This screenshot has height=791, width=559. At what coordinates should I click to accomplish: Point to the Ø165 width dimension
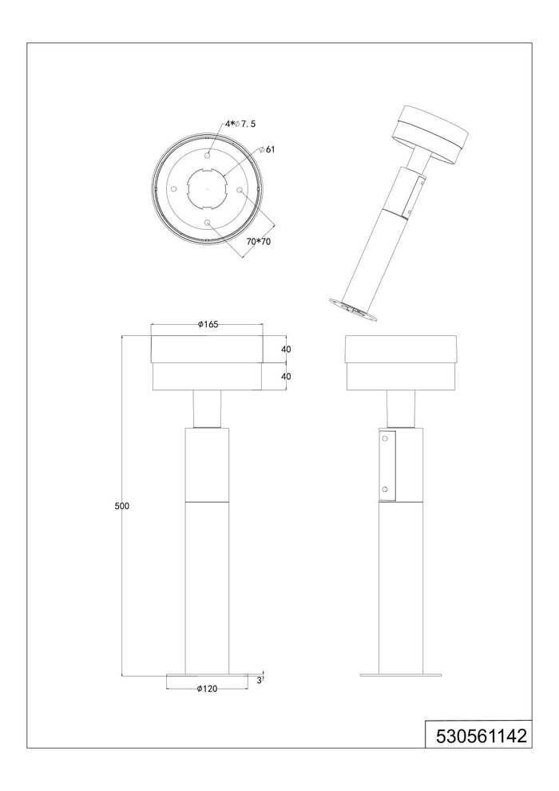coord(208,324)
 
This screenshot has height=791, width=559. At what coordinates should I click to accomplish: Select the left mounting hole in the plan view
coord(173,188)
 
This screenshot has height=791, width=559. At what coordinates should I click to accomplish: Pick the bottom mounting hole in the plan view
coord(207,223)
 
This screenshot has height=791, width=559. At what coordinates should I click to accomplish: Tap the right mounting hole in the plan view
coord(240,188)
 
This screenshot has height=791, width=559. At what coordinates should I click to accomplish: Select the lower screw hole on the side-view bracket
coord(384,488)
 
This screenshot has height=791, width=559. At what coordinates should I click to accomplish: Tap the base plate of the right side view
coord(400,675)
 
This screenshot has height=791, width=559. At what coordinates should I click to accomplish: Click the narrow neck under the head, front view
coord(207,409)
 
